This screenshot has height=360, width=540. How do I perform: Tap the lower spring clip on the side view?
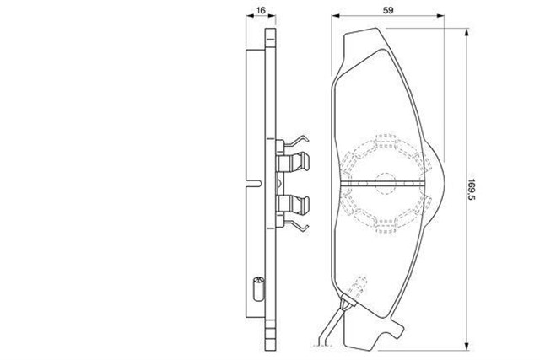coord(293,207)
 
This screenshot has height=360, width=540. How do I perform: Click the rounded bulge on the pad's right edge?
coord(437,180)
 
